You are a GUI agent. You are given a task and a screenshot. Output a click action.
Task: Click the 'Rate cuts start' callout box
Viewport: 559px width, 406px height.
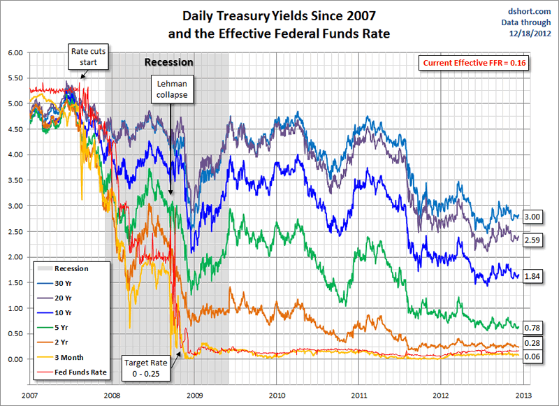pos(88,57)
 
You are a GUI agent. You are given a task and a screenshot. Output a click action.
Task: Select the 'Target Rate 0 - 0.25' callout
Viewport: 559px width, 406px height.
pos(145,367)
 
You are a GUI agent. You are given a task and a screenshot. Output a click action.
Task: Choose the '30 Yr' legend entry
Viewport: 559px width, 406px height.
pos(64,282)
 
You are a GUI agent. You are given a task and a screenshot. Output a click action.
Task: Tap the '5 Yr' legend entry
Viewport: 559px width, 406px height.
pos(61,327)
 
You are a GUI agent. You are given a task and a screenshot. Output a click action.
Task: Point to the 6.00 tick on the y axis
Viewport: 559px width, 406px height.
pos(15,52)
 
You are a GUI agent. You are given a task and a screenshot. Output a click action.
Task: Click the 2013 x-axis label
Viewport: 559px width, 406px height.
pos(523,395)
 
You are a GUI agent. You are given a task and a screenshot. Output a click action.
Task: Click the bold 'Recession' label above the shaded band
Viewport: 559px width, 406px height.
pos(168,62)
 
